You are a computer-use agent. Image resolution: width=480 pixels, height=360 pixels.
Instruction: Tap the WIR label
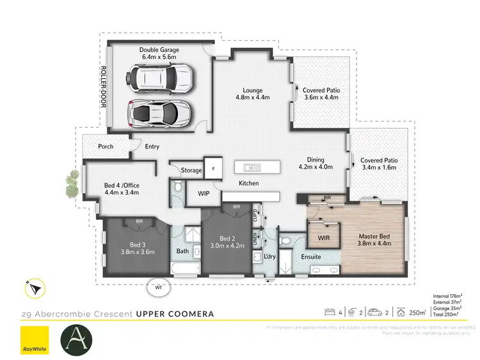click(324, 239)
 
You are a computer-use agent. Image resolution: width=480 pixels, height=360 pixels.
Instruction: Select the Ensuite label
click(311, 257)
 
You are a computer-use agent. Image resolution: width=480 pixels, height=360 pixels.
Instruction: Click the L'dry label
click(270, 257)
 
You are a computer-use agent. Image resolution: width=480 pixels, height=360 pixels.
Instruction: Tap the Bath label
click(183, 251)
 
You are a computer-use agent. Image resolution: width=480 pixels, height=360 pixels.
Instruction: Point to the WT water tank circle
click(157, 287)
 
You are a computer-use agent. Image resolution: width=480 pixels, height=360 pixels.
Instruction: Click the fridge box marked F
click(213, 169)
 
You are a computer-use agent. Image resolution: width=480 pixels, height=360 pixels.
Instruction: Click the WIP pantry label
click(204, 192)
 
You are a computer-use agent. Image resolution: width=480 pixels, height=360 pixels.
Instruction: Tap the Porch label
click(106, 146)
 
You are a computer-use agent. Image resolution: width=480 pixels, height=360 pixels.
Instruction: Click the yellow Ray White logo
click(35, 338)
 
